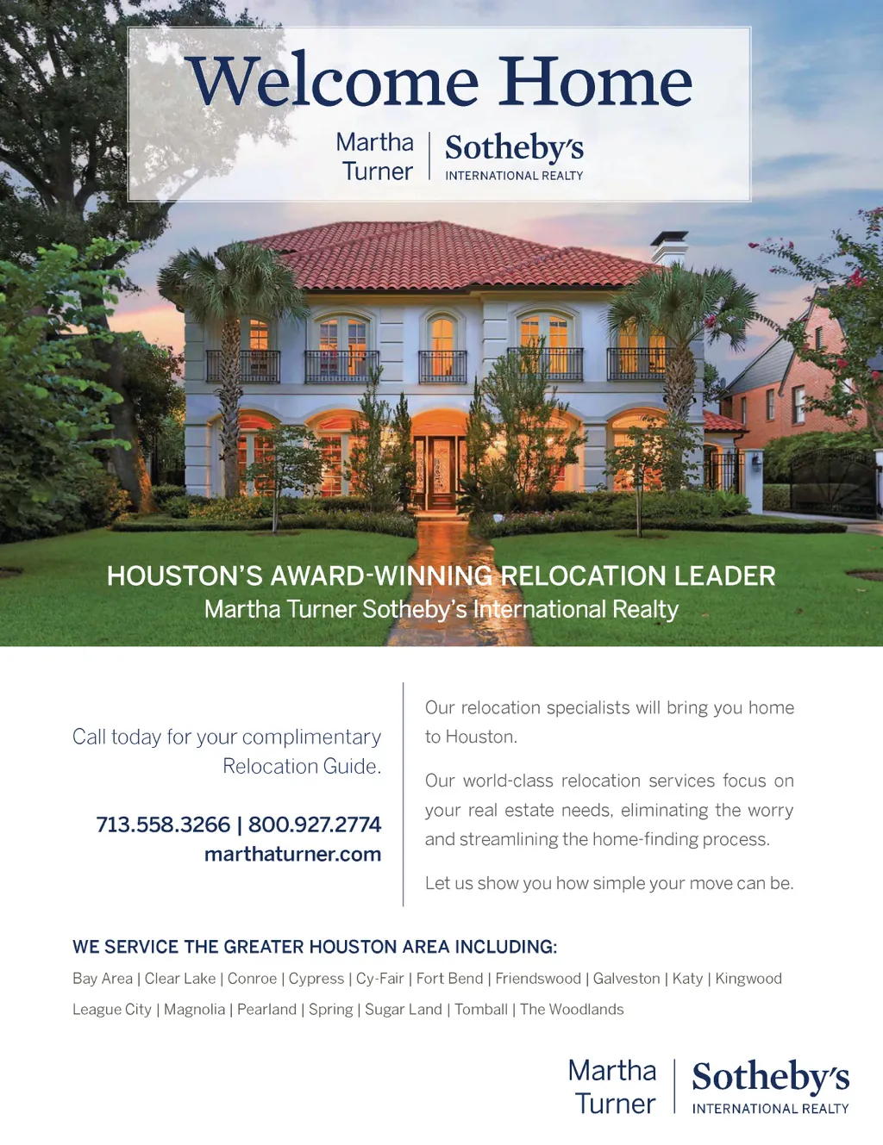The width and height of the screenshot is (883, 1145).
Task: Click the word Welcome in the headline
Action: (333, 82)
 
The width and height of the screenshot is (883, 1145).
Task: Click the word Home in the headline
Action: (595, 82)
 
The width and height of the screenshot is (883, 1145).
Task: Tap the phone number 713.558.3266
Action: (163, 825)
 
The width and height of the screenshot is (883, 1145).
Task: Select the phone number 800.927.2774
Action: (315, 825)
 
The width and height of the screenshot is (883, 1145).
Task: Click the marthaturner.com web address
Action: (292, 854)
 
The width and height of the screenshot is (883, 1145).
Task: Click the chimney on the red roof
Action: (669, 248)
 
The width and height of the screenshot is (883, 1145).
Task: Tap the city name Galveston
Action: (626, 979)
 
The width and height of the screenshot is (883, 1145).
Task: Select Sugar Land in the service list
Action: (403, 1010)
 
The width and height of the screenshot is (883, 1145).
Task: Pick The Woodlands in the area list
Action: (572, 1010)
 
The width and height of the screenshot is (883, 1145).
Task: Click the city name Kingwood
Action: (748, 979)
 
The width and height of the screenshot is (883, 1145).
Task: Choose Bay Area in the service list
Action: (103, 979)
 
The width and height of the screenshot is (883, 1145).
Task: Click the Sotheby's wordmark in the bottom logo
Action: (770, 1077)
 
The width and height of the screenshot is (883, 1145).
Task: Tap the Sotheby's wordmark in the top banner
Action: (514, 148)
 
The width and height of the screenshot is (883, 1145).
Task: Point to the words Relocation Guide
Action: (301, 766)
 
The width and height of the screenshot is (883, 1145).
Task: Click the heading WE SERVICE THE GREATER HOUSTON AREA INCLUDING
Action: (315, 947)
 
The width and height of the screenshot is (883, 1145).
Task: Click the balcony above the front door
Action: (442, 367)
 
